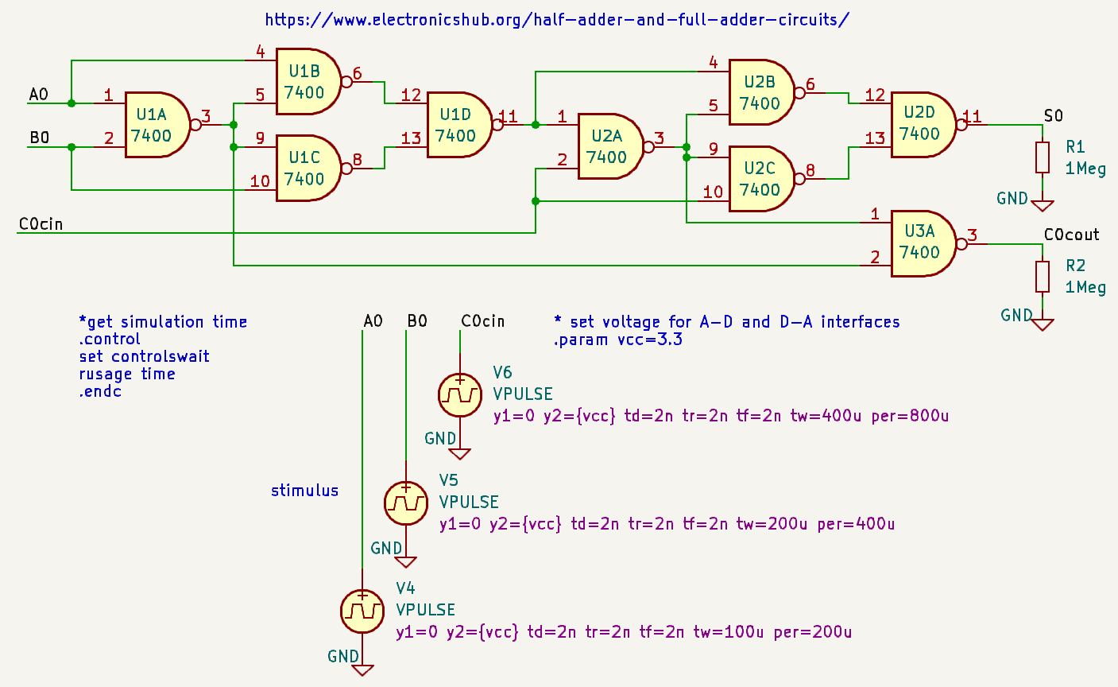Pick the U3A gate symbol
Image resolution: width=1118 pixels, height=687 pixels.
click(922, 243)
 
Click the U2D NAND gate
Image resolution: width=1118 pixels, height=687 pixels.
click(923, 124)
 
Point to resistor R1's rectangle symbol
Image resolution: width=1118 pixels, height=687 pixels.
click(1043, 157)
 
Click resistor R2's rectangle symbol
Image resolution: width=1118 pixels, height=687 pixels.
click(1043, 277)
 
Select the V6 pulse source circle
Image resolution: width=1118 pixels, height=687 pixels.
click(460, 394)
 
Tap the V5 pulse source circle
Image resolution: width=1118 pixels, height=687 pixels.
click(406, 503)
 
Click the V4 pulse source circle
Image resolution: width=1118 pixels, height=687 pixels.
click(362, 611)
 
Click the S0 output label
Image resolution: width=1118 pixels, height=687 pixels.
click(1053, 116)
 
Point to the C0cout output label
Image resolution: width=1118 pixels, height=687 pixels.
click(1071, 235)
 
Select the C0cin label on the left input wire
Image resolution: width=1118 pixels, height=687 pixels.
click(41, 224)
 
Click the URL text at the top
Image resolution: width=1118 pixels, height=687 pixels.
click(557, 19)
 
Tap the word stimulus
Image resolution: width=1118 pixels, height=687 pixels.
click(304, 491)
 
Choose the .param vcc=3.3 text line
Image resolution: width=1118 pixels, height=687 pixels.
click(617, 340)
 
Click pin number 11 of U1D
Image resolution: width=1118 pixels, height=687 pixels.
click(508, 117)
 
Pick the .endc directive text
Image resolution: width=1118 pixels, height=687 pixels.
click(100, 391)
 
